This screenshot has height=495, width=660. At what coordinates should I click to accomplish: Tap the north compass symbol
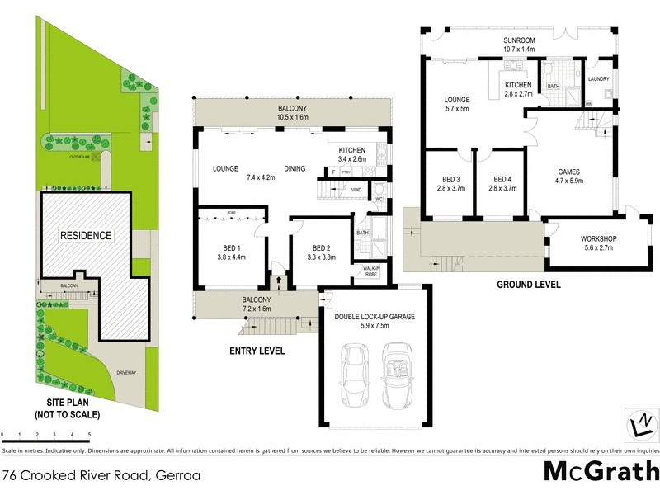(x=639, y=424)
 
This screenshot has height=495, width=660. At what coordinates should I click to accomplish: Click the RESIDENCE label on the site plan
(x=85, y=235)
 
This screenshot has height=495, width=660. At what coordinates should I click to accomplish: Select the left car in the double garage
(x=355, y=373)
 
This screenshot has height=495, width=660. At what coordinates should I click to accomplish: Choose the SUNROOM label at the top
(x=520, y=40)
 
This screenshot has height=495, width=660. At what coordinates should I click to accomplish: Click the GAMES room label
(x=569, y=172)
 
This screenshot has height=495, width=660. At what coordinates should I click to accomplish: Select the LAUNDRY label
(x=599, y=79)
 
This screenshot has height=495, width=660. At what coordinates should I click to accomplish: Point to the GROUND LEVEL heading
(x=528, y=285)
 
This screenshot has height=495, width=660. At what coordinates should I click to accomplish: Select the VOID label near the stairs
(x=356, y=190)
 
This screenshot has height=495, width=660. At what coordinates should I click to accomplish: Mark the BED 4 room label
(x=503, y=179)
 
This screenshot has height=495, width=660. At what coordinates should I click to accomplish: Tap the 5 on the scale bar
(x=88, y=433)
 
